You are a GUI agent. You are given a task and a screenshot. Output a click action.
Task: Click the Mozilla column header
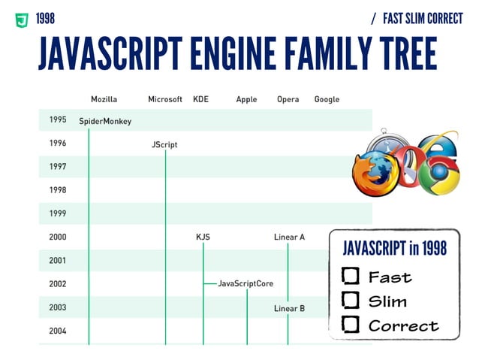[x=104, y=99]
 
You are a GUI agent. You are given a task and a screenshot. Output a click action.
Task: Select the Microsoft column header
[x=165, y=99]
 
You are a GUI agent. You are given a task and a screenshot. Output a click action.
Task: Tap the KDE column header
[x=201, y=99]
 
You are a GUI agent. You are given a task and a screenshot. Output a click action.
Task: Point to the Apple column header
[x=246, y=99]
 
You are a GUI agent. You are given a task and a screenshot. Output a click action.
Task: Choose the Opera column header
[x=288, y=99]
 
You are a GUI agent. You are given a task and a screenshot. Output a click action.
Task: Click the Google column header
[x=327, y=99]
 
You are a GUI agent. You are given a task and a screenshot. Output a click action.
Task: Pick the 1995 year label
[x=58, y=119]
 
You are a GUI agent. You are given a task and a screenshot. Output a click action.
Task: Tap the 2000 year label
[x=58, y=237]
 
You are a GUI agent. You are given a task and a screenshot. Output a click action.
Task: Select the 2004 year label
[x=58, y=331]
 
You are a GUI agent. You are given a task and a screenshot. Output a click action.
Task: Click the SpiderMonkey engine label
[x=105, y=121]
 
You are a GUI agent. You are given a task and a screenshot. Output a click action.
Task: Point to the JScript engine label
[x=164, y=144]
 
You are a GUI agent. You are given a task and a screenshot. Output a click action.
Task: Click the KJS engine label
[x=203, y=237]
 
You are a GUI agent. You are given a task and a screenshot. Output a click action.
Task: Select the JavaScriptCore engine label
[x=246, y=284]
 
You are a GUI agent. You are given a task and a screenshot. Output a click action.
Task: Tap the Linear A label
[x=289, y=237]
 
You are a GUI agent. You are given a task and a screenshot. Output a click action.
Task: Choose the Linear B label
[x=289, y=308]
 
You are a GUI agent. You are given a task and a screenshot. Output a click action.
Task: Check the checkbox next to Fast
[x=350, y=276]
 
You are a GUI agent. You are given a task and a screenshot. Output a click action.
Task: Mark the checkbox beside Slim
[x=350, y=301]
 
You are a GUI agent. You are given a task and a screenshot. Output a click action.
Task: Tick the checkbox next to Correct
[x=350, y=325]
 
